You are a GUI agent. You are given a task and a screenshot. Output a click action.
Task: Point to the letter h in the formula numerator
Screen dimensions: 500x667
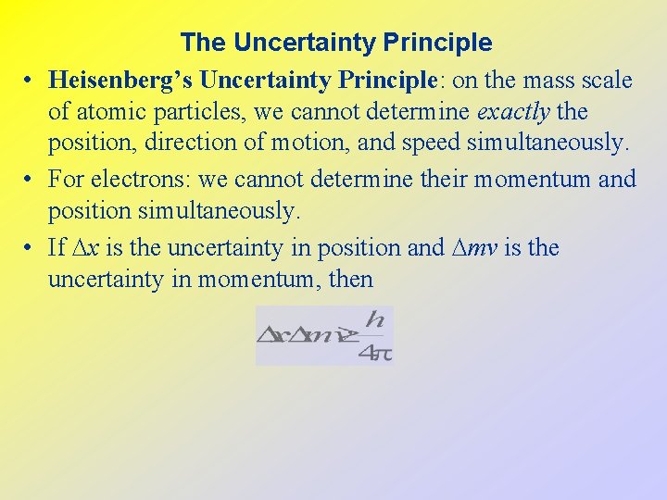pos(374,320)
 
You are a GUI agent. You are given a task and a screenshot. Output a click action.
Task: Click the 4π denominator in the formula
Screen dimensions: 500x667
pos(376,352)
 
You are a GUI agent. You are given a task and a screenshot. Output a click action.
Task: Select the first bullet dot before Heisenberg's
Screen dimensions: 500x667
pos(30,81)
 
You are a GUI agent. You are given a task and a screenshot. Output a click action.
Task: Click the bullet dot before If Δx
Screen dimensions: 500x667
pos(30,248)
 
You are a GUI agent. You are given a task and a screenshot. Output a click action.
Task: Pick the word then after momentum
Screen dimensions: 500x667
pos(350,279)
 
